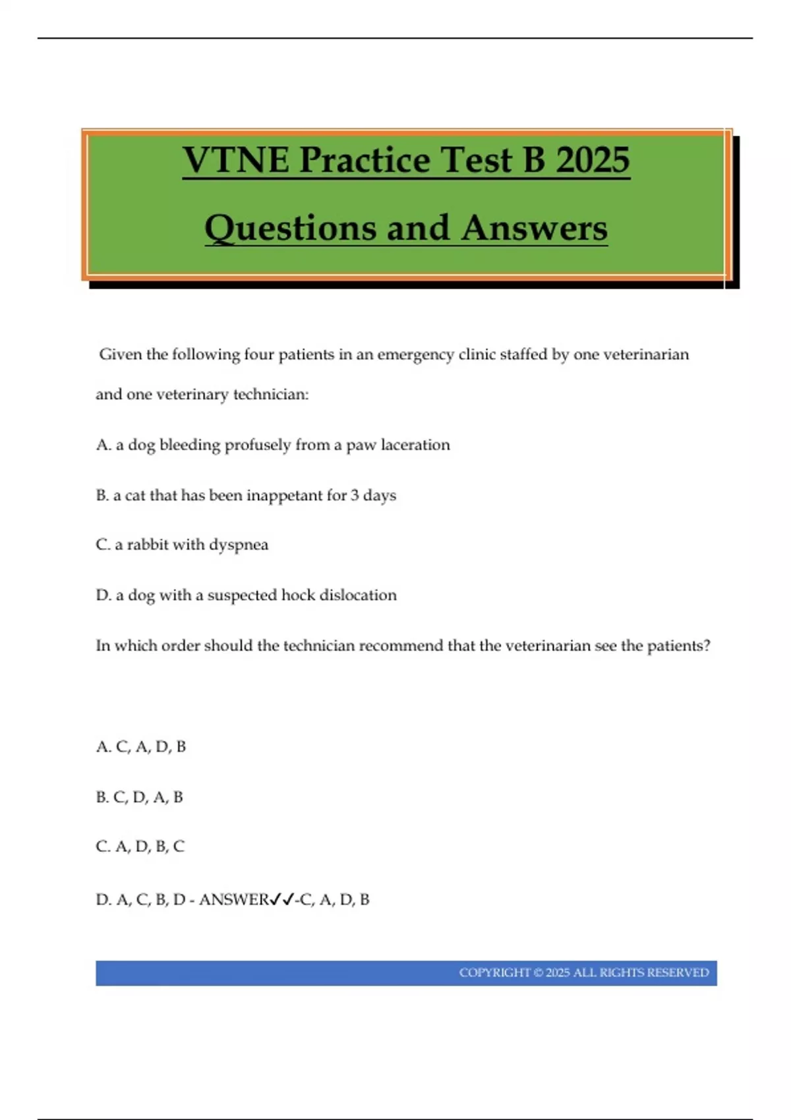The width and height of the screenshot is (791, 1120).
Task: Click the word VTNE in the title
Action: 236,160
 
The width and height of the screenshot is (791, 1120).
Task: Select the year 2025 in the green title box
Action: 593,160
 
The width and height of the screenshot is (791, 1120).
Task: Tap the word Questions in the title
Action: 291,229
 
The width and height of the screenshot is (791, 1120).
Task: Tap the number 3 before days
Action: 355,495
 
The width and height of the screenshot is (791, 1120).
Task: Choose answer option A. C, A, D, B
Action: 141,746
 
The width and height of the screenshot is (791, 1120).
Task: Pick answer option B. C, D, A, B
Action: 140,797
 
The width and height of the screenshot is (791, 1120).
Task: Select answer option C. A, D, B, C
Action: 140,847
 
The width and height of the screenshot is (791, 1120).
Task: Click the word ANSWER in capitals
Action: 234,899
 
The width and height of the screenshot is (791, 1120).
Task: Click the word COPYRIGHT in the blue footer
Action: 494,973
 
